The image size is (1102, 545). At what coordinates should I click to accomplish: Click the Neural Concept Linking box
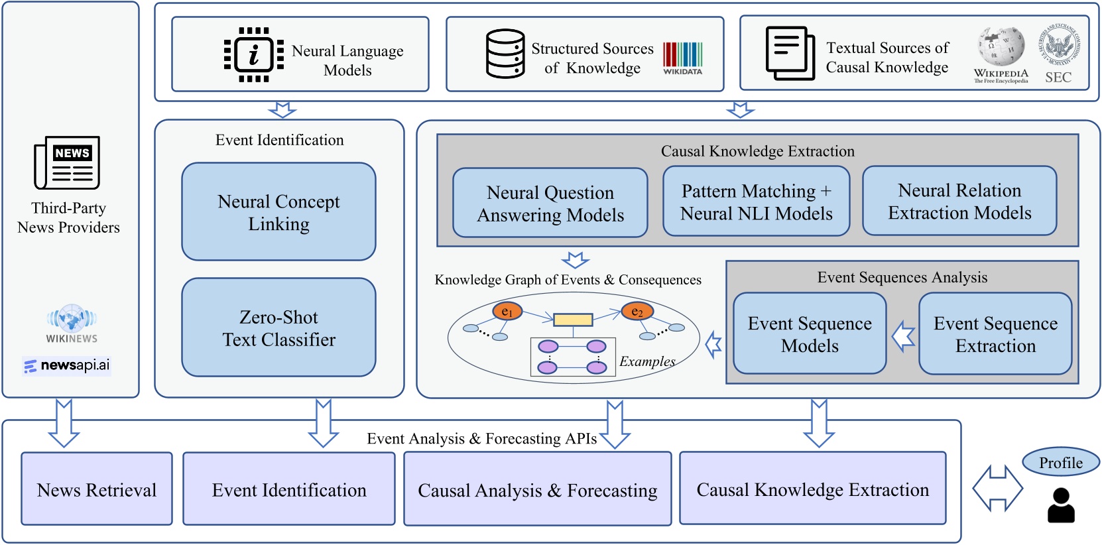(x=278, y=212)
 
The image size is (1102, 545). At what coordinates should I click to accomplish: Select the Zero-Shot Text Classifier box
(x=278, y=328)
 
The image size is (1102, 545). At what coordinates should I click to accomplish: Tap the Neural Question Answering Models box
(x=550, y=203)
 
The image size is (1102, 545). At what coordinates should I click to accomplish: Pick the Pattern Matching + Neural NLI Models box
(x=756, y=202)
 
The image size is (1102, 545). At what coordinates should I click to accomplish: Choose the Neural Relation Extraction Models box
(x=959, y=201)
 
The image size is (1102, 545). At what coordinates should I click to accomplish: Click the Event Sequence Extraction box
(x=995, y=333)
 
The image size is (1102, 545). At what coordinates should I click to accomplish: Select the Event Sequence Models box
(x=809, y=333)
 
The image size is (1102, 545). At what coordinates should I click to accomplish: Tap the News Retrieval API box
(x=97, y=489)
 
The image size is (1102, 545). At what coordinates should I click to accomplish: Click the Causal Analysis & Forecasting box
(x=537, y=489)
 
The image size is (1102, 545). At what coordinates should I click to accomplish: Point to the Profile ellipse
(x=1060, y=462)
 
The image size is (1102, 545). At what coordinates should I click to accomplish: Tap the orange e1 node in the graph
(x=507, y=311)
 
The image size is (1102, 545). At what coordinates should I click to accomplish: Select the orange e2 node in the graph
(x=637, y=311)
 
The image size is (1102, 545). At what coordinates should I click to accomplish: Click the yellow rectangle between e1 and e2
(x=573, y=320)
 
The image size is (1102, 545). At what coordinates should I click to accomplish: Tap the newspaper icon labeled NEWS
(x=67, y=163)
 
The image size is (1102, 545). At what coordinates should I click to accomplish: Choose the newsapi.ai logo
(x=67, y=365)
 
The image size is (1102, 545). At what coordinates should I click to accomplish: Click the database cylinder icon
(x=505, y=54)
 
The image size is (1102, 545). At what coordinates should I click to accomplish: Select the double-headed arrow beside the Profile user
(x=997, y=489)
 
